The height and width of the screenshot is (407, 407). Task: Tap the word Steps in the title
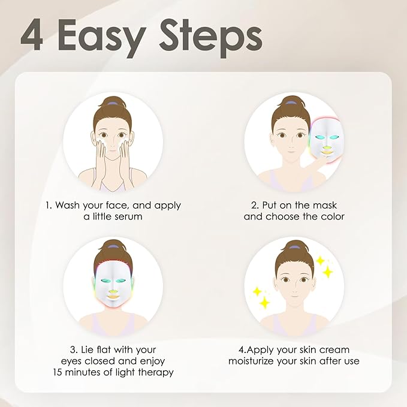(215, 37)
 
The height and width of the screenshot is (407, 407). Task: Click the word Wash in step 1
(68, 205)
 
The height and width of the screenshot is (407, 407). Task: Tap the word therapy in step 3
(155, 372)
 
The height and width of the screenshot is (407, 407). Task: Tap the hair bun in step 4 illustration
(294, 246)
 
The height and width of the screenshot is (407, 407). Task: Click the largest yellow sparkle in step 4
(327, 272)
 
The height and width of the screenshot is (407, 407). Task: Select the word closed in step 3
(116, 361)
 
